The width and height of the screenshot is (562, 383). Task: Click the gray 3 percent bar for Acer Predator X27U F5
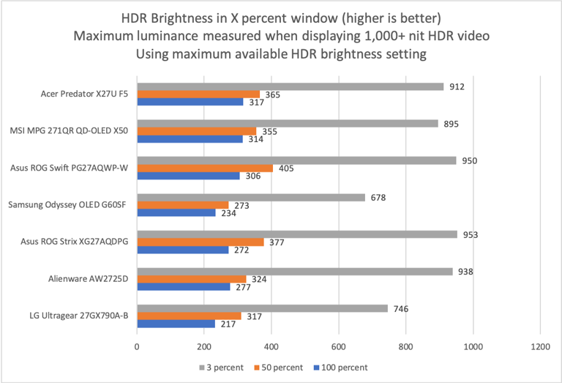[290, 86]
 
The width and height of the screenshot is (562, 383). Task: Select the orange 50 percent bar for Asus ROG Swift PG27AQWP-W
[205, 168]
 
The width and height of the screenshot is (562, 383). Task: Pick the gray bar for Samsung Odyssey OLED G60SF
[250, 198]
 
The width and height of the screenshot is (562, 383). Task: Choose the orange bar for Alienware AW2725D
[187, 279]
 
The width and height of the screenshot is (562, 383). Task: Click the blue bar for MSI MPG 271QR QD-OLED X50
[190, 139]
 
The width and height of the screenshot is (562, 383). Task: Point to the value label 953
[470, 234]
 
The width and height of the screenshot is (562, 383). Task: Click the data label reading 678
[377, 198]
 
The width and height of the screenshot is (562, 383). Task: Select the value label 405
[287, 168]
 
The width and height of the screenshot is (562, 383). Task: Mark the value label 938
[465, 272]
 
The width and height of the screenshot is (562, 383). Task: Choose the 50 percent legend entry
[281, 367]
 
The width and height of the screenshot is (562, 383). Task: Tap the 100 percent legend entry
[341, 367]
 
